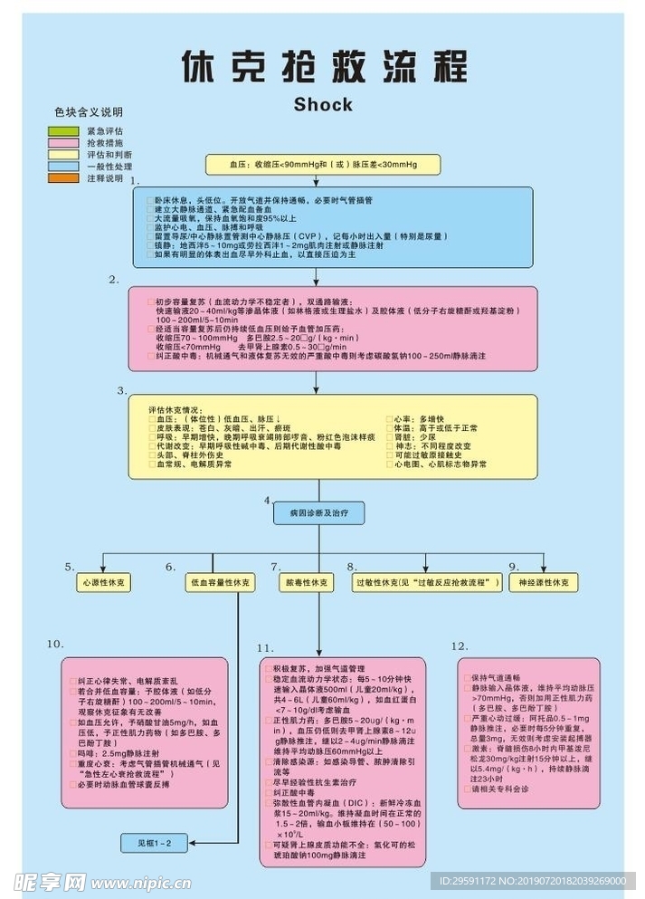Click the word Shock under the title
pos(323,104)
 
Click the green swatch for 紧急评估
pos(63,131)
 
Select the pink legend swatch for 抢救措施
pos(63,143)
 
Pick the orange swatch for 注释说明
pos(63,178)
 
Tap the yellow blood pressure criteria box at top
pos(322,165)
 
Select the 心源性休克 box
pos(104,583)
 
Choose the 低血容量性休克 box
pos(219,583)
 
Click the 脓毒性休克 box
pos(307,583)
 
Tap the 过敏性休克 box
pos(427,583)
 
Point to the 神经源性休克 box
pos(543,583)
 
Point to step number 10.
pos(55,644)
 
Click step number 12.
pos(460,646)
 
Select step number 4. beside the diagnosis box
pos(268,500)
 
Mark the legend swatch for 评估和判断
pos(63,155)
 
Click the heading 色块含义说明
pos(89,112)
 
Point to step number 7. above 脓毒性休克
pos(276,567)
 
